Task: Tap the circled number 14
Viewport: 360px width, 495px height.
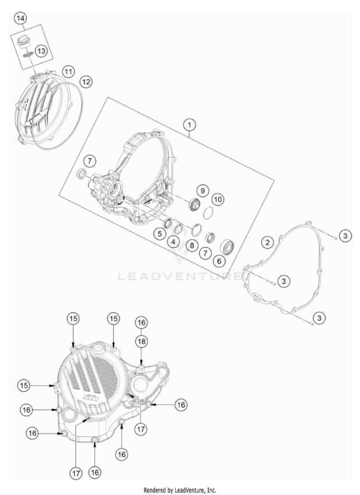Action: [x=20, y=19]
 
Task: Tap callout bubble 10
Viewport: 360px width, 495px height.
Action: [x=218, y=198]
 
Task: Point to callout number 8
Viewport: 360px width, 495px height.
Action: [x=191, y=246]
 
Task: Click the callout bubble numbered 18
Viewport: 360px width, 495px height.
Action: [x=141, y=341]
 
